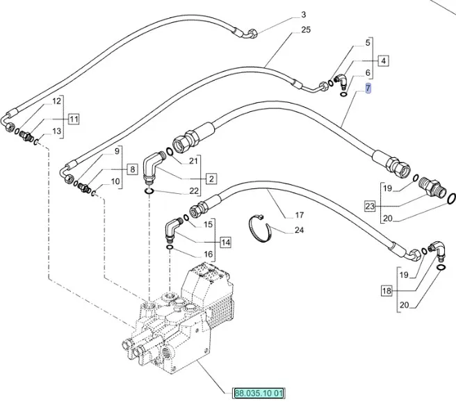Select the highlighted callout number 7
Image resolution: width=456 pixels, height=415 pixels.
(x=368, y=88)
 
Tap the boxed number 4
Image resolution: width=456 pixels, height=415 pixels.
(x=383, y=61)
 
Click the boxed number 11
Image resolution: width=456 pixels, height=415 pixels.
(x=74, y=118)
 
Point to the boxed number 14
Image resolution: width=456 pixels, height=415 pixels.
(x=226, y=242)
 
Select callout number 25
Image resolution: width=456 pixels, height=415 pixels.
(x=307, y=29)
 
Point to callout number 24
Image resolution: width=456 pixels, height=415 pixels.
(x=300, y=229)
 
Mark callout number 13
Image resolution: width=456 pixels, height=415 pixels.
(x=57, y=131)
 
